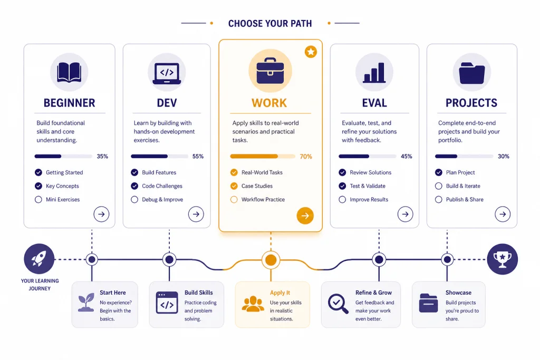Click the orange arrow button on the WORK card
tap(305, 216)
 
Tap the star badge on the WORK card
tap(311, 52)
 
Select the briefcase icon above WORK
tap(271, 71)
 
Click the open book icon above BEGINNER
tap(69, 72)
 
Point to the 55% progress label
tap(198, 156)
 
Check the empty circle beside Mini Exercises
tap(38, 200)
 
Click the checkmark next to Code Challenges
tap(134, 186)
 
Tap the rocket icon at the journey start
tap(39, 259)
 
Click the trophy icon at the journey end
tap(503, 259)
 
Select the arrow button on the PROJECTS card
tap(503, 214)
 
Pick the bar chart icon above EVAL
tap(374, 73)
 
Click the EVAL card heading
tap(374, 103)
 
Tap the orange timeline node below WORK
tap(271, 260)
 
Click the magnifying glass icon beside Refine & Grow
tap(338, 304)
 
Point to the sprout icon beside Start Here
tap(86, 303)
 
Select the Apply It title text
tap(280, 293)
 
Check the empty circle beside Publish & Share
tap(438, 200)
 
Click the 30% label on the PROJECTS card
tap(504, 156)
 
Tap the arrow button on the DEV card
tap(196, 214)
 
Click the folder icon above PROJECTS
tap(472, 73)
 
